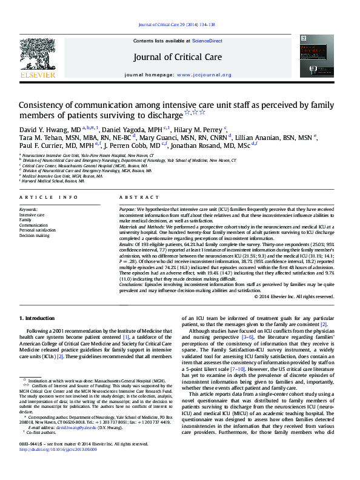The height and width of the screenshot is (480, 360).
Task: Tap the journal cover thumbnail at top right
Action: pos(316,56)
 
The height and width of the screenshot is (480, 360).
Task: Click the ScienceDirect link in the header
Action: pos(207,41)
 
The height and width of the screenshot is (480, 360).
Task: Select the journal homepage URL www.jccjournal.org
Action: pos(204,75)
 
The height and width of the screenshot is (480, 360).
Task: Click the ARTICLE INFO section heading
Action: pos(48,198)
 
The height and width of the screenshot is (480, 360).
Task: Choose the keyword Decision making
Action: pos(35,235)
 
